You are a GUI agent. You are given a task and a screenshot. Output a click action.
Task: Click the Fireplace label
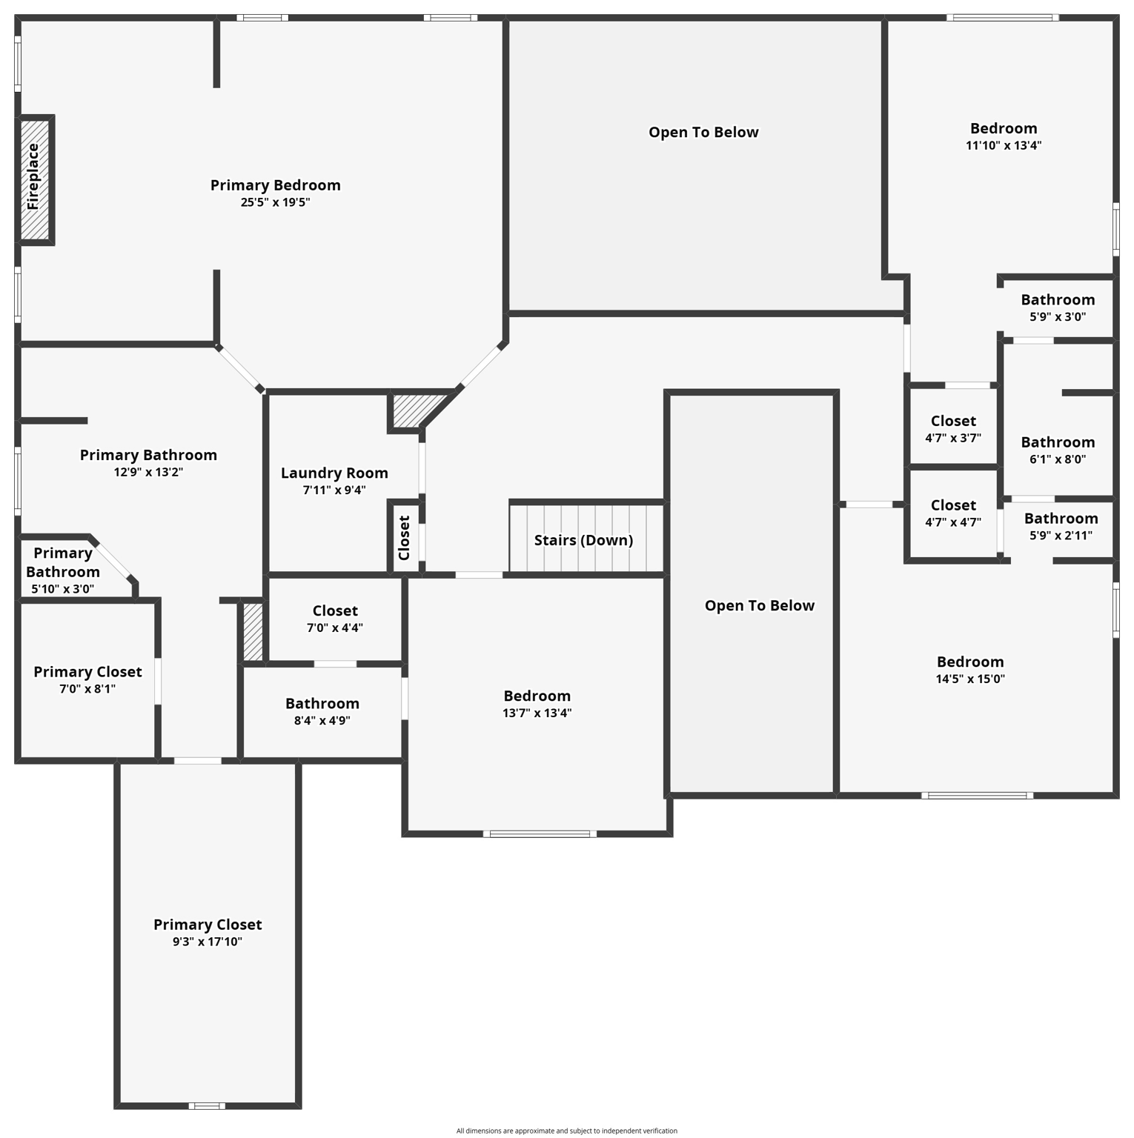(x=33, y=177)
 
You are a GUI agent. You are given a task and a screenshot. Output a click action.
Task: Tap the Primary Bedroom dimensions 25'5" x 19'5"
(x=275, y=202)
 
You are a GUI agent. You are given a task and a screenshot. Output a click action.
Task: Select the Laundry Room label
(x=334, y=473)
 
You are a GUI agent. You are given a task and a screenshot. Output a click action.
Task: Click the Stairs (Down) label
(x=583, y=540)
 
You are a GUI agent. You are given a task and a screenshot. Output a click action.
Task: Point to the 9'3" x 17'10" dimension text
(x=208, y=942)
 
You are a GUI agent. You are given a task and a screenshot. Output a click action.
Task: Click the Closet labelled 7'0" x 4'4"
(x=335, y=618)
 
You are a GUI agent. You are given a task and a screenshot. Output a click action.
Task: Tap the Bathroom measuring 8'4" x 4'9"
(x=322, y=711)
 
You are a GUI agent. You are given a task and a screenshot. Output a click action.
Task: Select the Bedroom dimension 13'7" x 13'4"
(x=537, y=713)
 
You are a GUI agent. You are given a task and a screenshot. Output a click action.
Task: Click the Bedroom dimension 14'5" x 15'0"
(x=970, y=679)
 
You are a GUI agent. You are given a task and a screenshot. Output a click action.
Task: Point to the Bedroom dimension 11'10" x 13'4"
(x=1004, y=145)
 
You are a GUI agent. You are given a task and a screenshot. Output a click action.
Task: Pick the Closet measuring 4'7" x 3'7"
(x=953, y=428)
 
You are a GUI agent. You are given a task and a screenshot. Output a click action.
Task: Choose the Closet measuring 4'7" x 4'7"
(x=953, y=513)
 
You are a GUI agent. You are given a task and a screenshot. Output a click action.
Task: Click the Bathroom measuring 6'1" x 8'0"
(x=1058, y=450)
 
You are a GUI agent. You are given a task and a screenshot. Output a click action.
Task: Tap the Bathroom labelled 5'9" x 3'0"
(x=1058, y=307)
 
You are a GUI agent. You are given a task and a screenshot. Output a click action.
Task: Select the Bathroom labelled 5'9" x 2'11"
(x=1061, y=526)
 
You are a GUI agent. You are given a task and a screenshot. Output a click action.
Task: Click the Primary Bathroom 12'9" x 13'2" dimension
(x=148, y=472)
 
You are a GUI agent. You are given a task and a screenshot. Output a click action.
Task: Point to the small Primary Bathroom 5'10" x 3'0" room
(x=62, y=570)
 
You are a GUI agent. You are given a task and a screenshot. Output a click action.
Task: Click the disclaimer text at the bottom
(x=566, y=1131)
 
